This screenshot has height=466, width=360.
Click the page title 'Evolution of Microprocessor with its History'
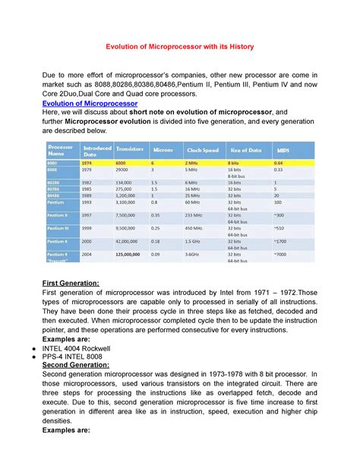point(179,47)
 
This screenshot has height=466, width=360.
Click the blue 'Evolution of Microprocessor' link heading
point(90,103)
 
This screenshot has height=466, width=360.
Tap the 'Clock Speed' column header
point(201,150)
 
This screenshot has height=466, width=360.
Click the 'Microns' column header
point(163,150)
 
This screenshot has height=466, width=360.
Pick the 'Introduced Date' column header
point(97,150)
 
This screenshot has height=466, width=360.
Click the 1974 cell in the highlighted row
point(88,163)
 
